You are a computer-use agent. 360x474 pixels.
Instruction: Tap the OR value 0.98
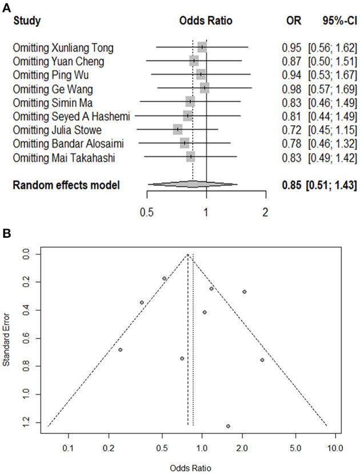point(283,88)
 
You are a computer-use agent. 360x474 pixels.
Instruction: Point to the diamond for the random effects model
point(193,184)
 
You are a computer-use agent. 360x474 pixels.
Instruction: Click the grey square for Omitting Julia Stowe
point(178,130)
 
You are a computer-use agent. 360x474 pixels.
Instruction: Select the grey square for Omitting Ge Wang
point(205,88)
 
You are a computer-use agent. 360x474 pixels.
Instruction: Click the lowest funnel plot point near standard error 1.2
point(228,426)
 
